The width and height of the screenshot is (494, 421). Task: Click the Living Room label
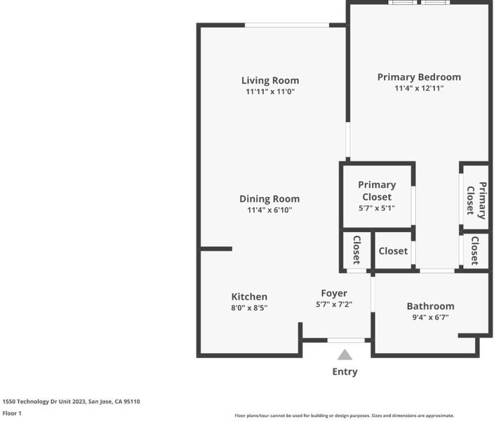270,81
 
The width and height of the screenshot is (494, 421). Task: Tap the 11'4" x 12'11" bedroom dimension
419,88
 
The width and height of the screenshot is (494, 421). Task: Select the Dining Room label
269,199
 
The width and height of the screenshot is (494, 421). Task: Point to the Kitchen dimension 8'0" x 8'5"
249,307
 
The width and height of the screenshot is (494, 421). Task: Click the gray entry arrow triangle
345,355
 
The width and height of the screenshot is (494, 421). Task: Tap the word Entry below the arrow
345,372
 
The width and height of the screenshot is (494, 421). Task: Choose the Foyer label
334,293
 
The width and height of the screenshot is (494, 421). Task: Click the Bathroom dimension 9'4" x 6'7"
430,317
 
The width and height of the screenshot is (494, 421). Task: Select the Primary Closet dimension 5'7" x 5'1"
377,208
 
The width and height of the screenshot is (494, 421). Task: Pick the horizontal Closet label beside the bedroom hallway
393,251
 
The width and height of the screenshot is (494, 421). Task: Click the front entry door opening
346,340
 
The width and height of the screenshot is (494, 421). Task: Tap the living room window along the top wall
287,25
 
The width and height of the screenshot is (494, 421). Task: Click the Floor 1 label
12,413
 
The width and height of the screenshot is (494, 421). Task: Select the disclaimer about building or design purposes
345,415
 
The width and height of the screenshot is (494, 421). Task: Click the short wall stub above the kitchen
216,249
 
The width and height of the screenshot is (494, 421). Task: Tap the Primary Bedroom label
419,77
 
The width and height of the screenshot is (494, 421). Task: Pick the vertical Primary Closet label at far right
476,201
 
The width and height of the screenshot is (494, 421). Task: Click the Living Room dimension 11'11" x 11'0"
270,92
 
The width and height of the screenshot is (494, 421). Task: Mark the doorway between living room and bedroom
348,140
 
